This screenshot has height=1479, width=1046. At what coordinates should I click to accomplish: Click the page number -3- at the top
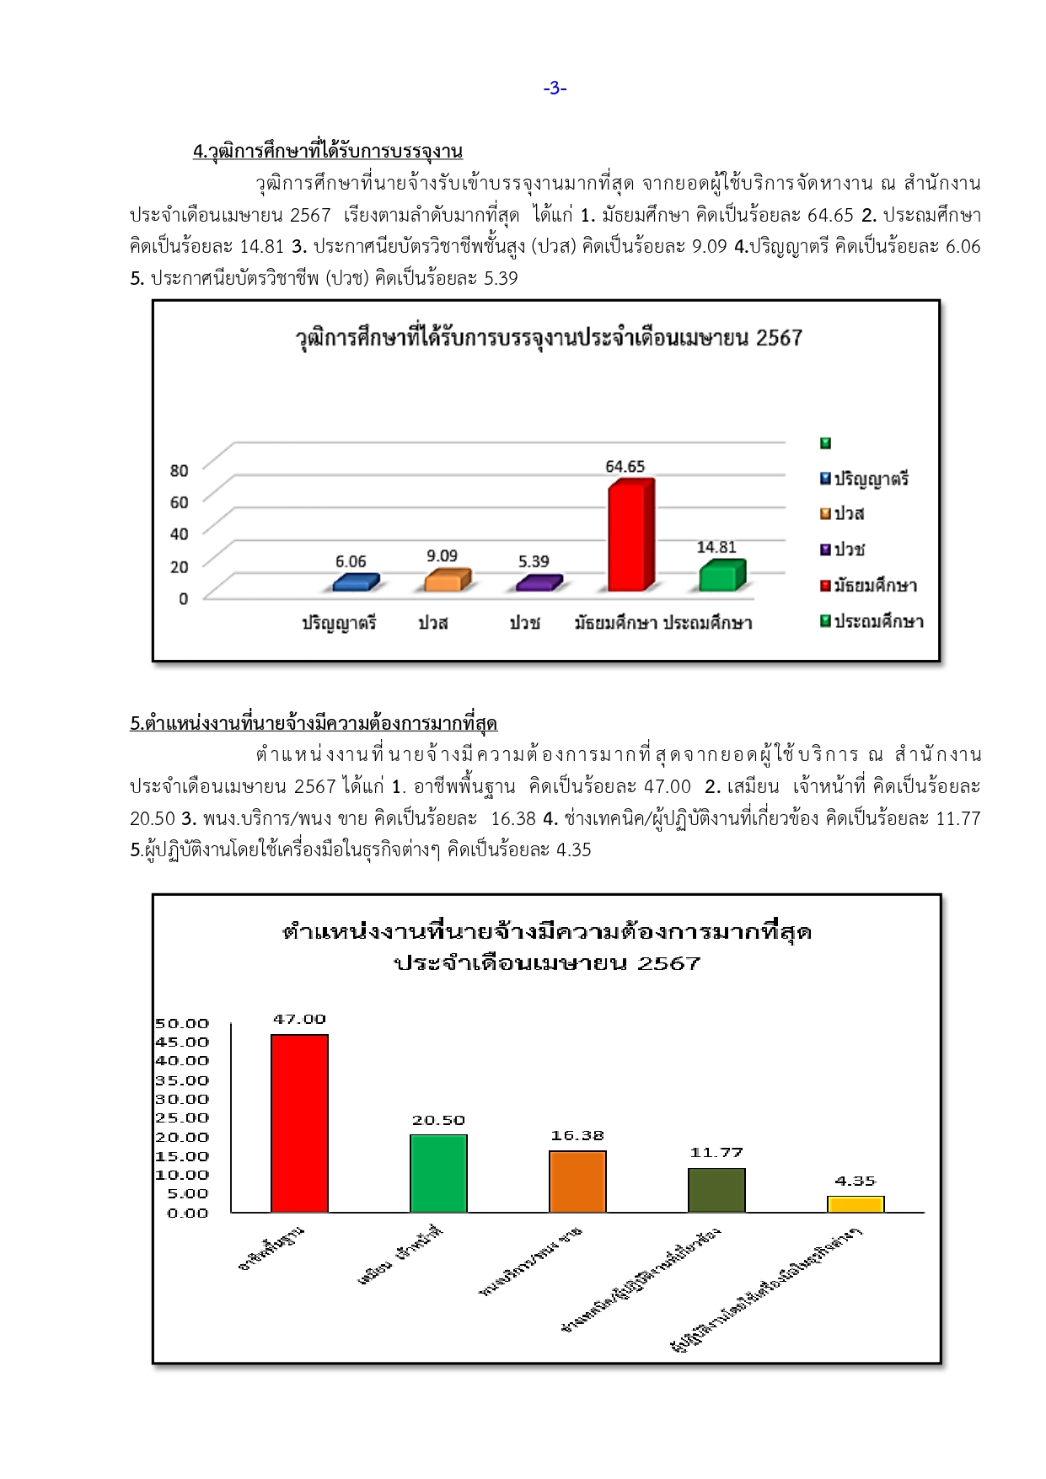click(x=555, y=88)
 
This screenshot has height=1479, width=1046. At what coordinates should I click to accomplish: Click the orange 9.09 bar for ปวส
click(x=445, y=580)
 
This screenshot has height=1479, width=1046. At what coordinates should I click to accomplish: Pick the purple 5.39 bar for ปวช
click(x=537, y=583)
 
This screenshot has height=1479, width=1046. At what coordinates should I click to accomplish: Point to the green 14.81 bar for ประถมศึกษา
click(x=720, y=576)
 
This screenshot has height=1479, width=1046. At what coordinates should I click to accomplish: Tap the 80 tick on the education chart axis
click(x=180, y=470)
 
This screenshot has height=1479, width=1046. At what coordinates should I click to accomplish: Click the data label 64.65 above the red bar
click(x=625, y=467)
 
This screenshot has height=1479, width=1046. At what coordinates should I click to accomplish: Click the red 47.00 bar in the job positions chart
click(x=299, y=1123)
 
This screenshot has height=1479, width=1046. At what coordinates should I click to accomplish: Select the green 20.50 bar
click(x=438, y=1173)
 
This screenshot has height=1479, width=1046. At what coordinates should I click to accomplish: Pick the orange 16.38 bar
click(x=577, y=1182)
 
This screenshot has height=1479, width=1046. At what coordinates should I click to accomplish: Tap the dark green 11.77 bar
click(x=716, y=1190)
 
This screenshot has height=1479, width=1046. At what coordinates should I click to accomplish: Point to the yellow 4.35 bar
click(x=856, y=1204)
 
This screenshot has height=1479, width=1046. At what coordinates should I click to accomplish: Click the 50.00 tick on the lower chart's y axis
click(x=182, y=1024)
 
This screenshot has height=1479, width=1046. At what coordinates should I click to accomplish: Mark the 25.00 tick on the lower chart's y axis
click(x=182, y=1118)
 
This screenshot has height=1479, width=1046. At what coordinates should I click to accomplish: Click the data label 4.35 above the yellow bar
click(x=856, y=1182)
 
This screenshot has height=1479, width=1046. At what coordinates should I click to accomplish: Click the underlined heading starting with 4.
click(x=328, y=152)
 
